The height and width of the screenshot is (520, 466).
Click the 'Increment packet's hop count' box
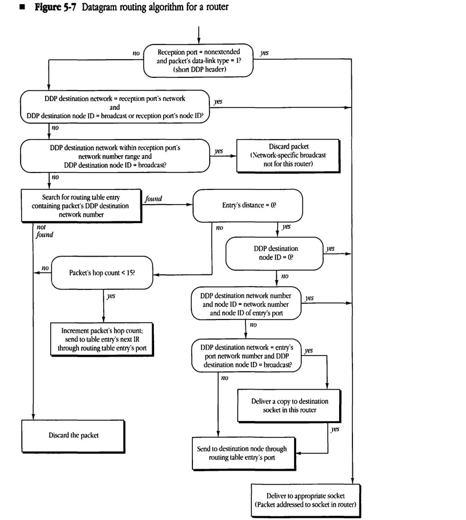click(x=102, y=340)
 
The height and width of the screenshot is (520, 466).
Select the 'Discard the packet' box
click(x=73, y=435)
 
